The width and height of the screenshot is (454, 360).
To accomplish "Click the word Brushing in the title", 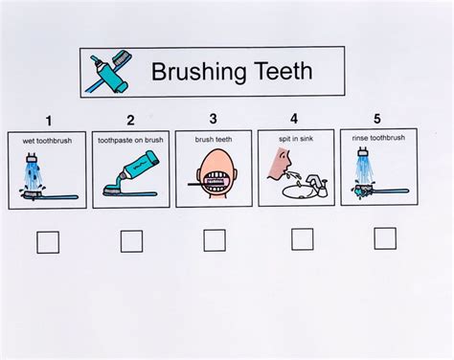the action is (198, 73).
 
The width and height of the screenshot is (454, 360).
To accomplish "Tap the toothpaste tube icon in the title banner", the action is (108, 73).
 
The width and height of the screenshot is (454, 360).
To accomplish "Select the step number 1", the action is (49, 122).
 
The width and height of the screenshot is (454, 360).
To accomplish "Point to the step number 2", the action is (130, 121).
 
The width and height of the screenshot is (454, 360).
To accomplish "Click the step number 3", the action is (213, 119).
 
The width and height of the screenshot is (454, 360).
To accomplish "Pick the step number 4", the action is (294, 119).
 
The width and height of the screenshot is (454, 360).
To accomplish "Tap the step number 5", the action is (377, 119).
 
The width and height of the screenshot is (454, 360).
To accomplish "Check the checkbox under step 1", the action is (48, 242).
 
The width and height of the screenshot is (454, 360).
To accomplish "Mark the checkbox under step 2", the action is (131, 241).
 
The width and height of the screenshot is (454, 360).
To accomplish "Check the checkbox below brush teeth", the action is (215, 240).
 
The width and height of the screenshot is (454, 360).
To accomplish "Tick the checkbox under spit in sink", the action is (302, 239).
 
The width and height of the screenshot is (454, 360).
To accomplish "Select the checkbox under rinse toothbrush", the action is (385, 238).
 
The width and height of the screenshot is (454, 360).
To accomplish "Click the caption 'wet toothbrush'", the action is (47, 141).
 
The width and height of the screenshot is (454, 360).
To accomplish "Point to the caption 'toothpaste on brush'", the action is (130, 140).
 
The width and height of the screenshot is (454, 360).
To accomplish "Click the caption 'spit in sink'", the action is (296, 139).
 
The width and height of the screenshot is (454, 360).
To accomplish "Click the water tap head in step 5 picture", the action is (363, 150).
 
